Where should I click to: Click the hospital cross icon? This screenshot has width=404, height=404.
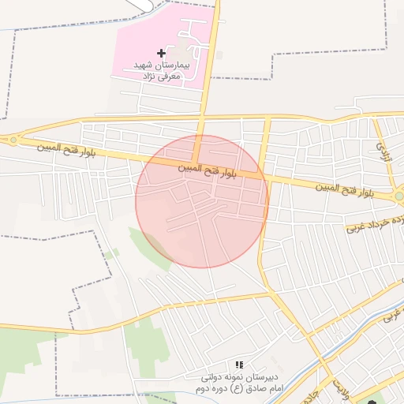[x=162, y=53]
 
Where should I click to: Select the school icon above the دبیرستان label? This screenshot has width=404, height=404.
[x=238, y=365]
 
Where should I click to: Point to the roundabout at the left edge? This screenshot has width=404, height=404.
[x=13, y=140]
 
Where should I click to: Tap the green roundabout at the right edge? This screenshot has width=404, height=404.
[x=399, y=195]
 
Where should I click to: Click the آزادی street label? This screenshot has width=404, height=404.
[x=383, y=147]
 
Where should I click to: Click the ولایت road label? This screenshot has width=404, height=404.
[x=339, y=387]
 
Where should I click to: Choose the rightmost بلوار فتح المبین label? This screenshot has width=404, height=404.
[x=344, y=189]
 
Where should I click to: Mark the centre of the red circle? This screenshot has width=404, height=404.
[x=202, y=201]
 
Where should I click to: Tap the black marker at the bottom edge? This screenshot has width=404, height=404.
[x=372, y=401]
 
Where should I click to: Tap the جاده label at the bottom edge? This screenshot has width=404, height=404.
[x=311, y=395]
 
